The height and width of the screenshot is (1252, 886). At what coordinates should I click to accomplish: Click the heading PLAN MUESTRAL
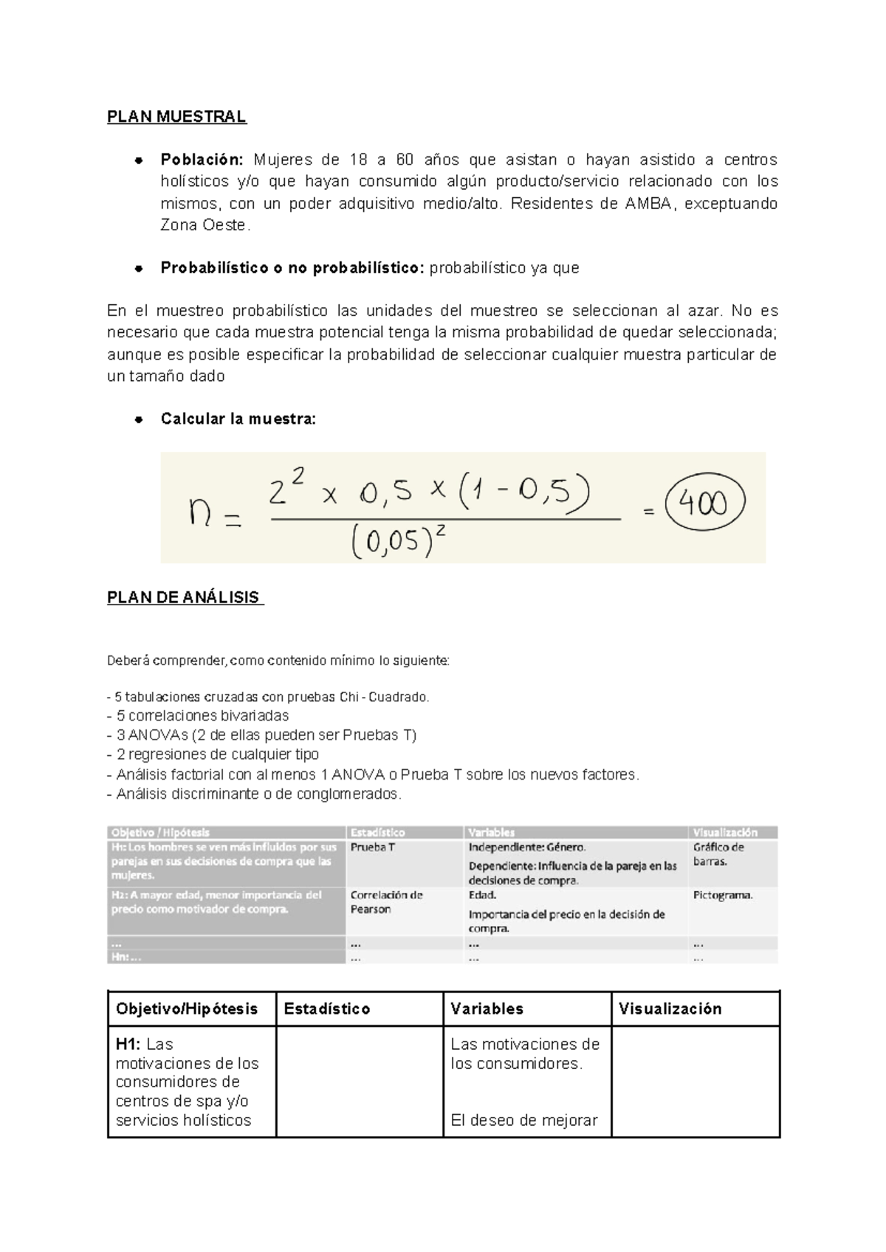click(176, 117)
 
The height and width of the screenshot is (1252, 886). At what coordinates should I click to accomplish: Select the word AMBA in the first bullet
click(648, 204)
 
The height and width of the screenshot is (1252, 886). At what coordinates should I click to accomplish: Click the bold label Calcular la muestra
click(238, 419)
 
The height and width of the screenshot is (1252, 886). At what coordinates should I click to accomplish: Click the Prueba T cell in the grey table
click(373, 847)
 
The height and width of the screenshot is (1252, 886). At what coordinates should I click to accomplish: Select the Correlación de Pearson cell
click(386, 902)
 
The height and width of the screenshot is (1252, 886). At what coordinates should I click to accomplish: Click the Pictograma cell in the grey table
click(723, 895)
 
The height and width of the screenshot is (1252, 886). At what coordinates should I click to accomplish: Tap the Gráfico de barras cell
click(718, 854)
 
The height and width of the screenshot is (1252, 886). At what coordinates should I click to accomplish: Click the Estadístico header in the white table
click(327, 1009)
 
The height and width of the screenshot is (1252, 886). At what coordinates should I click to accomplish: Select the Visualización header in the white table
click(670, 1009)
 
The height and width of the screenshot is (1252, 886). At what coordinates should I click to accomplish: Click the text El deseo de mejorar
click(523, 1121)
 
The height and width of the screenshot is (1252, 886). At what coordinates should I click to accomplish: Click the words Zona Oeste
click(205, 226)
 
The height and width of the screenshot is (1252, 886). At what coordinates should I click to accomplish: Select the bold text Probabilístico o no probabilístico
click(292, 269)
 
